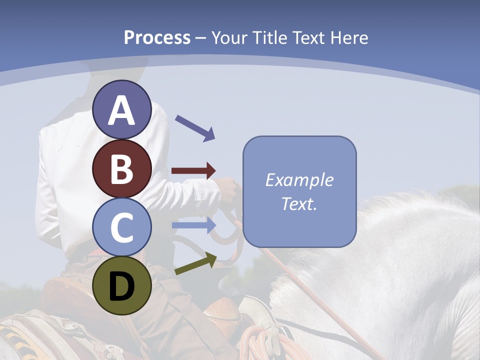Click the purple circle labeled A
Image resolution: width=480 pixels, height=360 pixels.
click(x=121, y=109)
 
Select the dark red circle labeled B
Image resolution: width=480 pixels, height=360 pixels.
click(x=121, y=168)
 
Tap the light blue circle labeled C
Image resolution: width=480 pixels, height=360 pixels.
click(x=121, y=227)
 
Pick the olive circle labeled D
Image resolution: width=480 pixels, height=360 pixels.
click(x=121, y=285)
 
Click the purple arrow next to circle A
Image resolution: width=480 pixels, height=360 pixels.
click(x=195, y=128)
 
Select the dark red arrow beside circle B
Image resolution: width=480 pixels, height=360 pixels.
click(x=193, y=170)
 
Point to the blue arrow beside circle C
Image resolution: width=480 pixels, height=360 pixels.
click(x=193, y=225)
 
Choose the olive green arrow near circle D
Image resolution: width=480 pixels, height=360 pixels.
click(x=195, y=264)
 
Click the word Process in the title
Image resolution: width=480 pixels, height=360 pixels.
click(x=157, y=38)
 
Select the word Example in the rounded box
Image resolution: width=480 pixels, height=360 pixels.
click(x=299, y=180)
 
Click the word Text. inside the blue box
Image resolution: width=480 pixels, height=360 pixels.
click(x=299, y=203)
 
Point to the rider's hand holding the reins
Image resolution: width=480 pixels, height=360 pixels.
click(x=228, y=190)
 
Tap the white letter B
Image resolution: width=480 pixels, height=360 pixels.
click(x=121, y=168)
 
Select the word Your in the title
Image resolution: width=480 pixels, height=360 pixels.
click(x=230, y=38)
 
